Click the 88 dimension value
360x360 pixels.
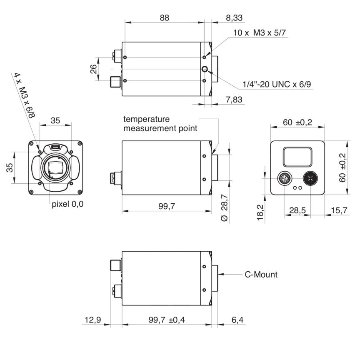165,17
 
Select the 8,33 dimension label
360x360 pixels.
234,17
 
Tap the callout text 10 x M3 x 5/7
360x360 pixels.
260,32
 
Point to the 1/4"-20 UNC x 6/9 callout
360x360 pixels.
277,84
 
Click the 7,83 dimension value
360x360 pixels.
234,100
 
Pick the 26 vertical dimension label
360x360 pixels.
93,69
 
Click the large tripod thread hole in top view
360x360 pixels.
205,69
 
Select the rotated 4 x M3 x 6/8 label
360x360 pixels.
25,95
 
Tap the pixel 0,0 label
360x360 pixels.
67,204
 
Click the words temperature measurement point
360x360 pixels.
160,123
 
